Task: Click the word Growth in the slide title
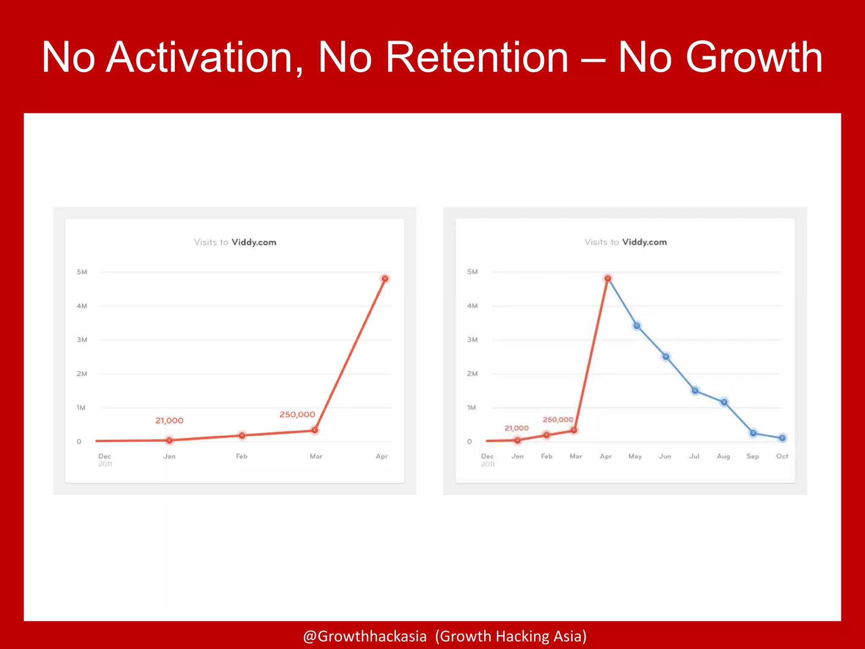[x=753, y=58]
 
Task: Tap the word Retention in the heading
[x=477, y=58]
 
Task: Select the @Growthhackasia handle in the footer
[x=365, y=636]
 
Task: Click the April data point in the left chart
[x=385, y=278]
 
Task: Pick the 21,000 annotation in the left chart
[x=169, y=420]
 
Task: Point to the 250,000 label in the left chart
[x=297, y=414]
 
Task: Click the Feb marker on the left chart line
[x=242, y=435]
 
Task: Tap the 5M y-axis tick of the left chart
[x=82, y=272]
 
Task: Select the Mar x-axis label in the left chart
[x=316, y=456]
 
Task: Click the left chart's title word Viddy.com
[x=254, y=242]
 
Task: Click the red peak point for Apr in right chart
[x=607, y=278]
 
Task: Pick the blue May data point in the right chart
[x=637, y=326]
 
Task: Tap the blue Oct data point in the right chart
[x=782, y=438]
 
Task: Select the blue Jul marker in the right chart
[x=695, y=390]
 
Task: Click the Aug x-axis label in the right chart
[x=723, y=456]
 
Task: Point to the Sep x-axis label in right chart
[x=752, y=456]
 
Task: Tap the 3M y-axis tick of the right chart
[x=472, y=340]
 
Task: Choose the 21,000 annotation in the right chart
[x=516, y=428]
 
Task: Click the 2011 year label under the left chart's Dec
[x=105, y=464]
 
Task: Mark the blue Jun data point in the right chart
[x=666, y=357]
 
